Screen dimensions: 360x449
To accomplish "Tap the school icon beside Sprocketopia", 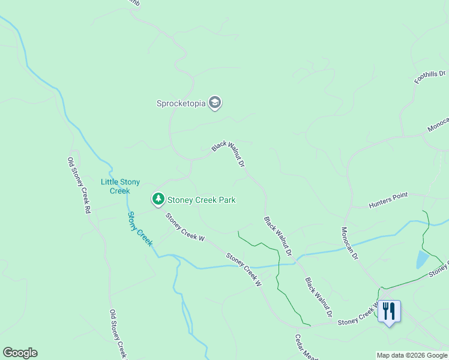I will [215, 103].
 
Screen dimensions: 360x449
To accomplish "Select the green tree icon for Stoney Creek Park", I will [158, 199].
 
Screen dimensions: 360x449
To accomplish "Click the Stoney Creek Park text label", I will [202, 200].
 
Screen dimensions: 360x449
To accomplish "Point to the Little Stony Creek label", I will [120, 186].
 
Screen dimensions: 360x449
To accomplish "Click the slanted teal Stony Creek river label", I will [140, 229].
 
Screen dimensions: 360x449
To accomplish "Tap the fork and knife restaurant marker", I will [389, 311].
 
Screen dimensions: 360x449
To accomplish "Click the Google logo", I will [20, 353].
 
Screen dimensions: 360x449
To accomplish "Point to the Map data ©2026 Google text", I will [411, 355].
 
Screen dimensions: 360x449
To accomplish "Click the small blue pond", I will [423, 259].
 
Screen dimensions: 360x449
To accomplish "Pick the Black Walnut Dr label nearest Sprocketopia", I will [229, 154].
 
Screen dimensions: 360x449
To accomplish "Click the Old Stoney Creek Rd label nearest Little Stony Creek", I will [79, 185].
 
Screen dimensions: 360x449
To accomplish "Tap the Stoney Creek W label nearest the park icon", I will [185, 228].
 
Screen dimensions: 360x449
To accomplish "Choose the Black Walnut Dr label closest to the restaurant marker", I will [319, 298].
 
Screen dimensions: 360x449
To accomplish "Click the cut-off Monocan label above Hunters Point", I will [438, 124].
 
